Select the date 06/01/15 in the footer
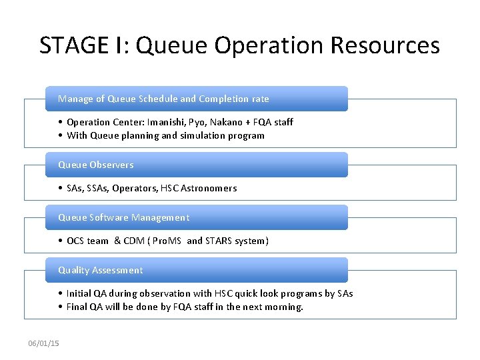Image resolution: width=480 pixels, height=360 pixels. pyautogui.click(x=43, y=343)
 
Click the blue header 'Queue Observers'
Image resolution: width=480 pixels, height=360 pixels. pyautogui.click(x=96, y=165)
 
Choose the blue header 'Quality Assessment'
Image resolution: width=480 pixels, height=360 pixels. pyautogui.click(x=101, y=270)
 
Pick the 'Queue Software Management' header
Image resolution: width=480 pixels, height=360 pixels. pyautogui.click(x=124, y=217)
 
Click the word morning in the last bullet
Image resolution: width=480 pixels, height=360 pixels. pyautogui.click(x=284, y=307)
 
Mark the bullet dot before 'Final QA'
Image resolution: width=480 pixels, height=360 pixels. pyautogui.click(x=61, y=307)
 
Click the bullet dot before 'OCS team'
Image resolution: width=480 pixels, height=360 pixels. pyautogui.click(x=61, y=241)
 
